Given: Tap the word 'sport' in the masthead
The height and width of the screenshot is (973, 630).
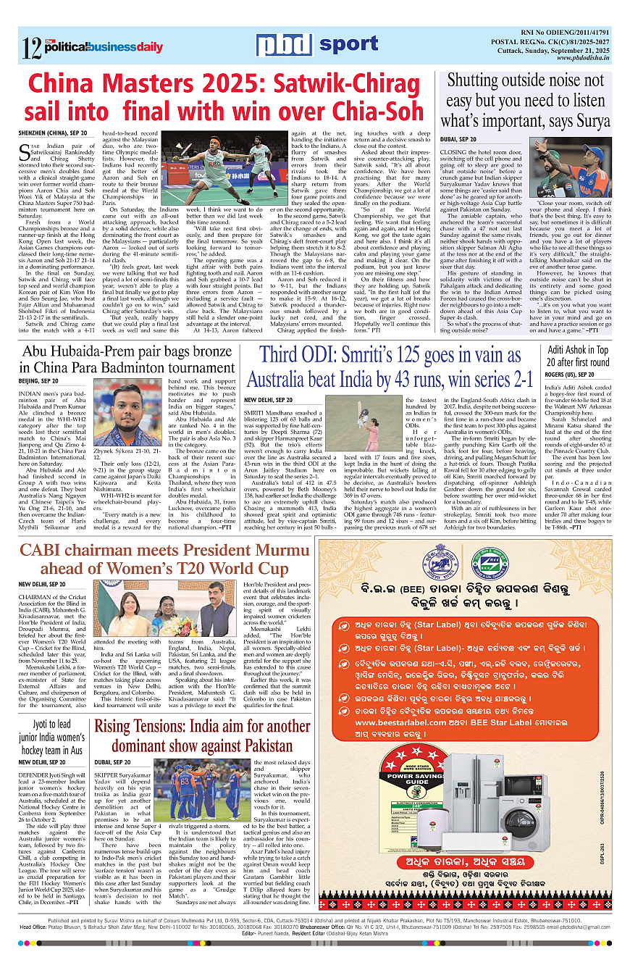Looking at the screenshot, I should coord(348,45).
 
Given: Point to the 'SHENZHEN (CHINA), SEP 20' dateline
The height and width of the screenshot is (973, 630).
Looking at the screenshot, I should coord(53,134).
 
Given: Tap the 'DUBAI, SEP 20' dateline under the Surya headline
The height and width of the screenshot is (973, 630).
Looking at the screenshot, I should coord(458,138).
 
